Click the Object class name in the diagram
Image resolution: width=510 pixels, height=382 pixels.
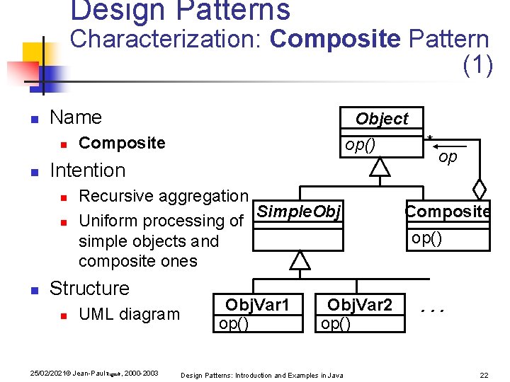point(382,119)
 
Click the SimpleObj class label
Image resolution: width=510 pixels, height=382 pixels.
point(299,211)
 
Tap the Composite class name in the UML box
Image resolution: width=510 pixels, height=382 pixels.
point(447,211)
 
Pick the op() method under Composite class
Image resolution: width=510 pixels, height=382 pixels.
point(427,238)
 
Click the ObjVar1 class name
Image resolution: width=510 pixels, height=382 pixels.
point(257,305)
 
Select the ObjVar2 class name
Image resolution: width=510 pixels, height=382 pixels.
point(359,305)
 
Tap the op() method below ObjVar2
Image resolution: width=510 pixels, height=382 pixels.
point(336,323)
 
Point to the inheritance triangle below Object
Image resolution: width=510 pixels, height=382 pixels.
point(381,167)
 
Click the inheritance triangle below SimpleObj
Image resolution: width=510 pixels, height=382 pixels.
point(301,261)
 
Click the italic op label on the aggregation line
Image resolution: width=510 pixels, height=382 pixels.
point(448,157)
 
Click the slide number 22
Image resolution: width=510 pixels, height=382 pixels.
point(484,374)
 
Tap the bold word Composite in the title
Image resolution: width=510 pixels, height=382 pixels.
point(335,39)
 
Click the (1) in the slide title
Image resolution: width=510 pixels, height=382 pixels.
point(477,65)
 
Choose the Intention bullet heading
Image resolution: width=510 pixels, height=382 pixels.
point(88,170)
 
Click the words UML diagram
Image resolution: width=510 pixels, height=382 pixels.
point(129,314)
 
